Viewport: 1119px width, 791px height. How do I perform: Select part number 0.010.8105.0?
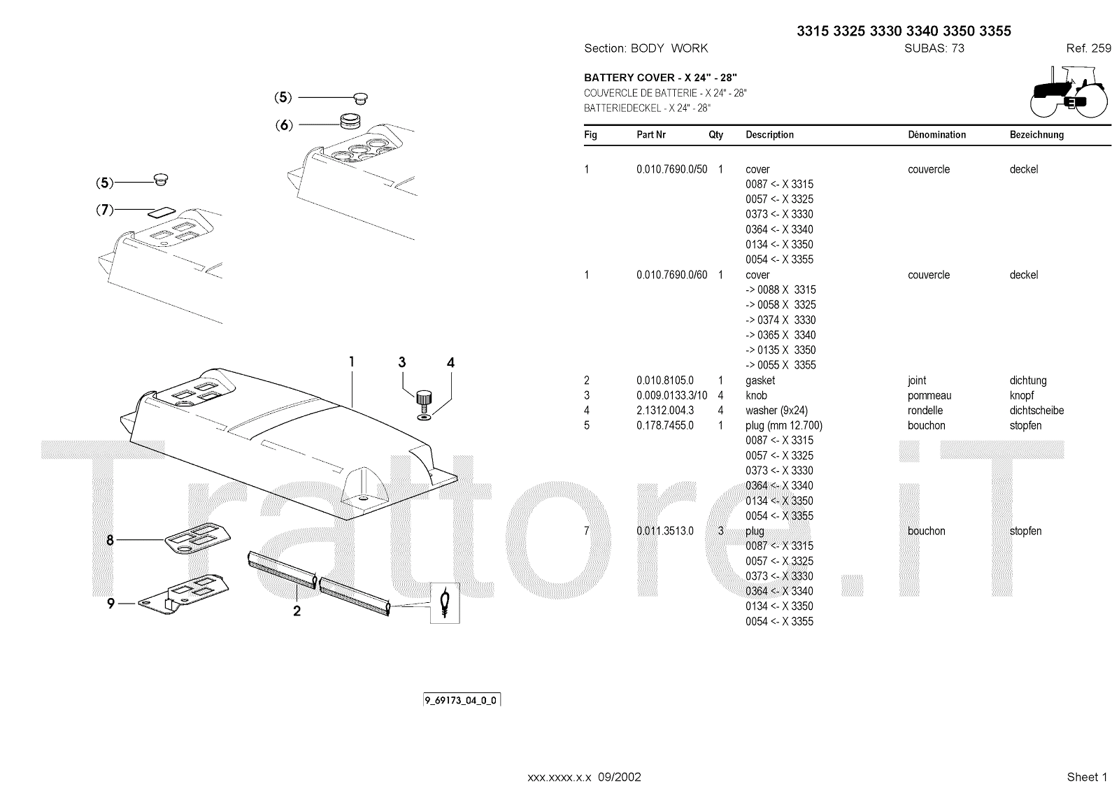coord(664,380)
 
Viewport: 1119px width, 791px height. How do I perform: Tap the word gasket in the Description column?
coord(760,380)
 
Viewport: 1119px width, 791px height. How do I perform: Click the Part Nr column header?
coord(651,135)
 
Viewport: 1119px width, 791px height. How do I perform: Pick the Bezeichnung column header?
coord(1036,135)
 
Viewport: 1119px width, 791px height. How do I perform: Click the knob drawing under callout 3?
coord(422,399)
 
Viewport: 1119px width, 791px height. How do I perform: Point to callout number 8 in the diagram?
coord(111,540)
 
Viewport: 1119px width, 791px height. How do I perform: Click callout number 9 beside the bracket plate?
coord(111,603)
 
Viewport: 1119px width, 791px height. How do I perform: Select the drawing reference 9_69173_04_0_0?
coord(462,700)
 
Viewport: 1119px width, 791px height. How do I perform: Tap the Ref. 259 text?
coord(1088,48)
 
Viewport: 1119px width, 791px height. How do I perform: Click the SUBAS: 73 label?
coord(934,48)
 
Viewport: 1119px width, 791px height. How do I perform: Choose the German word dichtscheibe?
coord(1036,411)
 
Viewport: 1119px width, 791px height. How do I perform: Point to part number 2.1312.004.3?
coord(665,411)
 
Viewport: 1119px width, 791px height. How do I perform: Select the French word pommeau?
coord(929,396)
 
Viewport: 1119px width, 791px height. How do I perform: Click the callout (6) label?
coord(283,125)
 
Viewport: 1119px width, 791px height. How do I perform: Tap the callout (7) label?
coord(104,209)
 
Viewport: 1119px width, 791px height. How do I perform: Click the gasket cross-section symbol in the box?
coord(444,602)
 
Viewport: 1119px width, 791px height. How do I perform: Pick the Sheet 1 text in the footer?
coord(1087,777)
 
